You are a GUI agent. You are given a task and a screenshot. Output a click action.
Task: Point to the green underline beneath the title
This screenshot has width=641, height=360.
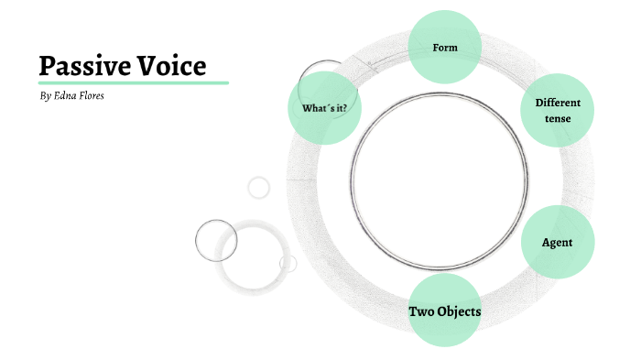(x=133, y=82)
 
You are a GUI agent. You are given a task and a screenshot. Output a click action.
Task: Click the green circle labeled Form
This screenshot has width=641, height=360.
(x=444, y=47)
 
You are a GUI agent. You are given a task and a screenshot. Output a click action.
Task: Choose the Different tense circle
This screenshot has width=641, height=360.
(x=558, y=110)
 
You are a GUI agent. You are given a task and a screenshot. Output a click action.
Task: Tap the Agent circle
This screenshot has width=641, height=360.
(x=558, y=242)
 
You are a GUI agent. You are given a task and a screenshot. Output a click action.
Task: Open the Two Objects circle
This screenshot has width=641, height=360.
(x=444, y=311)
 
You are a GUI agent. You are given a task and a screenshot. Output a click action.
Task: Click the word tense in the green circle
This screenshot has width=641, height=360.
(x=558, y=118)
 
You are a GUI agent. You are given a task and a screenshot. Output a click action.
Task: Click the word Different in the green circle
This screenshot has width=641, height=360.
(x=558, y=103)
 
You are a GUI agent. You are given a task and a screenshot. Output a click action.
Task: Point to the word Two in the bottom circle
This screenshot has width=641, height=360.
(x=421, y=311)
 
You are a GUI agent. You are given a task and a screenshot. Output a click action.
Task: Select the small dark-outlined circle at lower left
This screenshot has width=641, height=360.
(x=216, y=240)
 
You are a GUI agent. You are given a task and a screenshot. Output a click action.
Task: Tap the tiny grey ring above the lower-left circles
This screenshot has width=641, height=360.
(x=259, y=187)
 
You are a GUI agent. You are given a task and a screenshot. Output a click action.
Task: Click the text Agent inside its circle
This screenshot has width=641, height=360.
(x=558, y=242)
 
